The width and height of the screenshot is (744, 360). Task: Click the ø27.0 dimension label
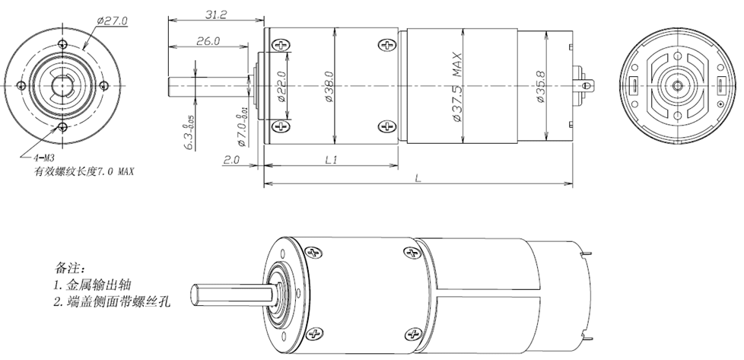tap(112, 21)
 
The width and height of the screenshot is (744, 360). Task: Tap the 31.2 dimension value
tap(216, 14)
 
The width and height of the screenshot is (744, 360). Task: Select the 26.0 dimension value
tap(208, 41)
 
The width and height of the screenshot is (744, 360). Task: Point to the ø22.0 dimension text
tap(281, 87)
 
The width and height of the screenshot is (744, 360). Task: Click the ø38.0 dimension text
tap(329, 87)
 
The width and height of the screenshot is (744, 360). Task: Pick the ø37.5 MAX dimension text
tap(457, 87)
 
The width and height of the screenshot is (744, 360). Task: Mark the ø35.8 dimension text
tap(540, 87)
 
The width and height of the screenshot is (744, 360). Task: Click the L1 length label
tap(331, 160)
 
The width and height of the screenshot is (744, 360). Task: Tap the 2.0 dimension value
tap(231, 160)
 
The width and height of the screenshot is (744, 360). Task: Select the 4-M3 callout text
tap(44, 158)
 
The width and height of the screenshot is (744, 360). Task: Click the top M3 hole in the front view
tap(62, 45)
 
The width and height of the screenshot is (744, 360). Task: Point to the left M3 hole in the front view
tap(21, 86)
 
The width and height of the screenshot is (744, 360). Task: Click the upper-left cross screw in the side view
tap(281, 46)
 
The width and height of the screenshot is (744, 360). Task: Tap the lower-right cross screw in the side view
tap(388, 126)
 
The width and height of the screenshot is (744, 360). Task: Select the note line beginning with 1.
tap(92, 285)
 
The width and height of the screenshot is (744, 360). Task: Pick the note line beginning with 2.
tap(112, 301)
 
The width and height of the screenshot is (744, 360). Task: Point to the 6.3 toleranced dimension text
tap(189, 133)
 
